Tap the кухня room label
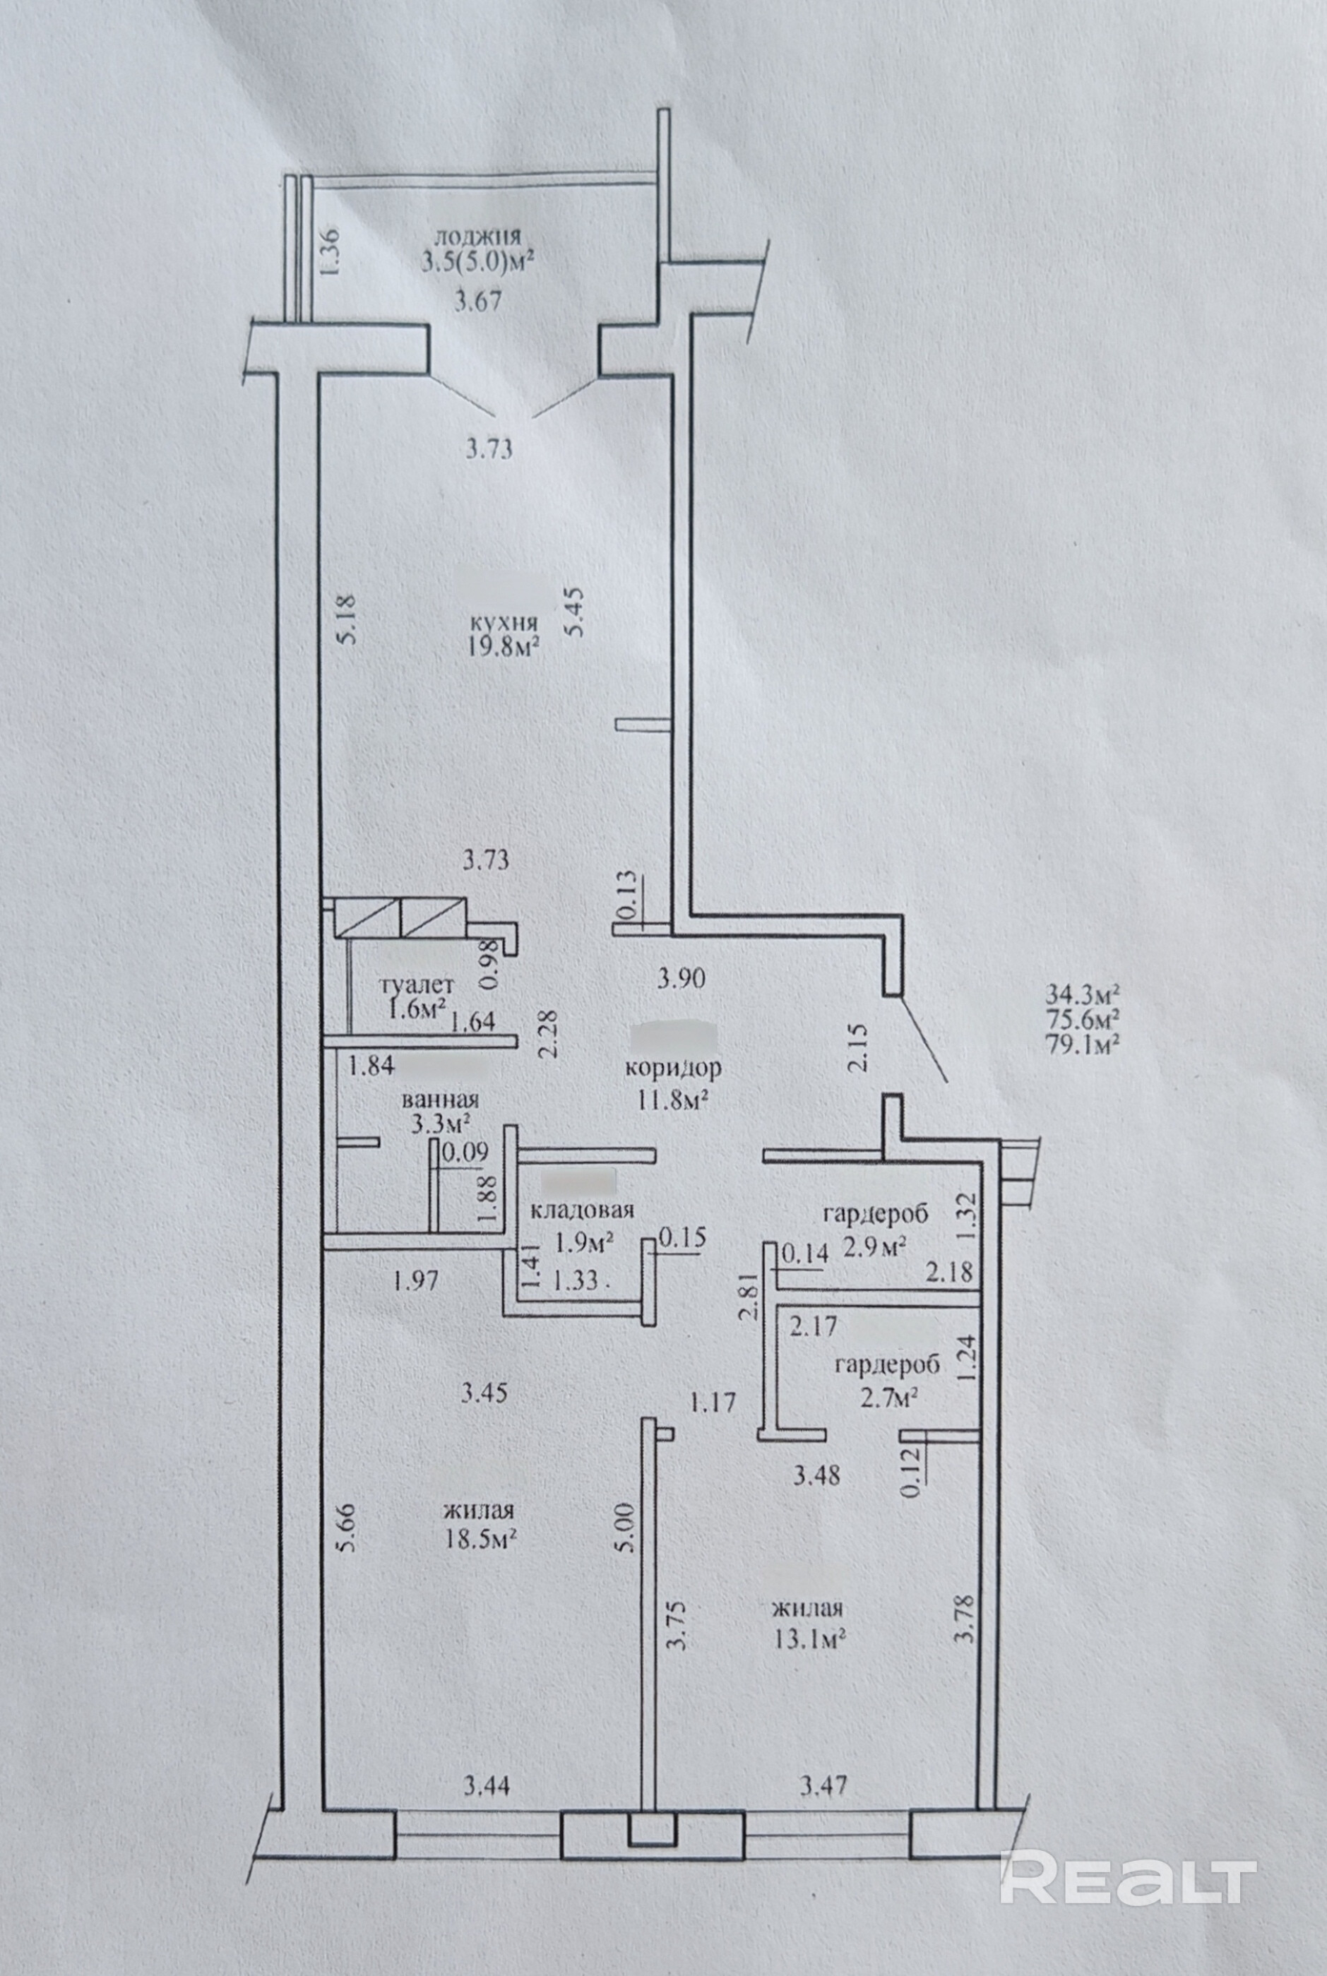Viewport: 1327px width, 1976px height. (507, 624)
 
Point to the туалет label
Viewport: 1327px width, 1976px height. (418, 985)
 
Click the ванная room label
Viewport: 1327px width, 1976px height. (440, 1100)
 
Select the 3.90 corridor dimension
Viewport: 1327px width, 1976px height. (682, 979)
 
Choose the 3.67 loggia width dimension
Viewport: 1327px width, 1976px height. (479, 300)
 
